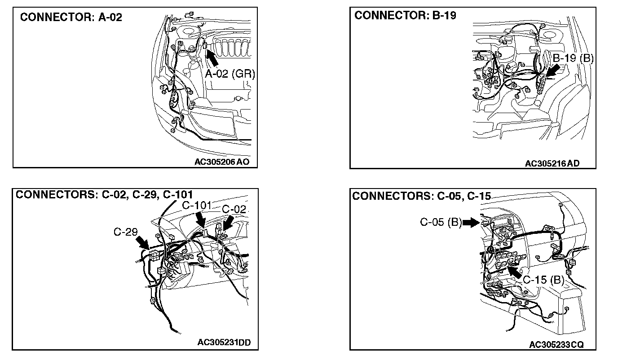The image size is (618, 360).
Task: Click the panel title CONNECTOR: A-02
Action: click(x=71, y=18)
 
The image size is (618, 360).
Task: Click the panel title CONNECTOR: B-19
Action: click(x=405, y=16)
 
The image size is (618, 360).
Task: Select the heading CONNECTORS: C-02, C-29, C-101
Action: click(x=104, y=194)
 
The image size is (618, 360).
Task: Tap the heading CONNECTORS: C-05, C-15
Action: click(x=421, y=196)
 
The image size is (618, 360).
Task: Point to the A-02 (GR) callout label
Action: click(x=230, y=74)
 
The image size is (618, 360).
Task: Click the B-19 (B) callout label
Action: click(x=573, y=58)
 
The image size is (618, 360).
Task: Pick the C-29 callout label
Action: click(x=125, y=232)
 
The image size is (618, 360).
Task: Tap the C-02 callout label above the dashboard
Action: click(x=234, y=209)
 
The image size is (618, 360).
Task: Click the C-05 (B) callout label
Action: click(x=441, y=222)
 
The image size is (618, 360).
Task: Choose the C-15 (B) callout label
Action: click(x=543, y=280)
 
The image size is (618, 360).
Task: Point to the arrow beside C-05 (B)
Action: click(x=471, y=222)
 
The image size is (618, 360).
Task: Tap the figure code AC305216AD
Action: click(x=552, y=163)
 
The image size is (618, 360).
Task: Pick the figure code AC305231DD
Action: click(x=224, y=342)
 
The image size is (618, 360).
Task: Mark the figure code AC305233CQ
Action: click(x=556, y=344)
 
